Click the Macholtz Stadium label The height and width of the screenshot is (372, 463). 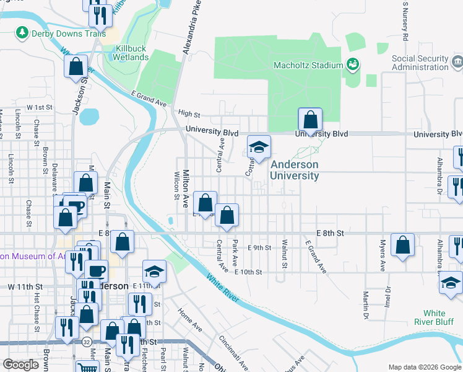click(x=308, y=65)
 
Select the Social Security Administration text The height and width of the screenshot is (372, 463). click(x=420, y=63)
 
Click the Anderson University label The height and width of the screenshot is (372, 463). click(x=294, y=170)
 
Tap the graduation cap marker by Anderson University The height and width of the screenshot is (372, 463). click(x=259, y=148)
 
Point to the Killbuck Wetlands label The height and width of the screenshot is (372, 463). click(x=131, y=53)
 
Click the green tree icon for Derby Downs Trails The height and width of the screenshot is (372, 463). click(x=23, y=32)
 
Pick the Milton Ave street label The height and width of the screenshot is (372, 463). click(x=184, y=190)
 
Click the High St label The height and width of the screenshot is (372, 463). click(x=189, y=114)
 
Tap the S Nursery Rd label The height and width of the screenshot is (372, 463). click(x=405, y=22)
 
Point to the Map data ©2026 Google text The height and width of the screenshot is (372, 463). click(x=424, y=367)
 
